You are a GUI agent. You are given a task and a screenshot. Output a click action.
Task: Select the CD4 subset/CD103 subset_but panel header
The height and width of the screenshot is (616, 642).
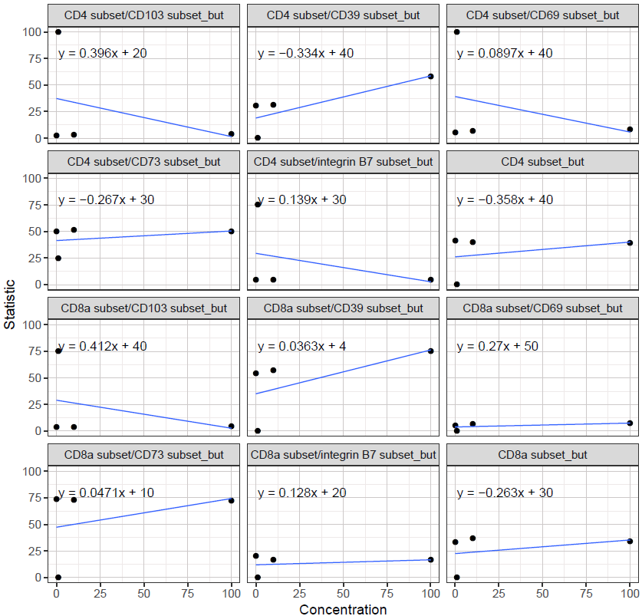(143, 15)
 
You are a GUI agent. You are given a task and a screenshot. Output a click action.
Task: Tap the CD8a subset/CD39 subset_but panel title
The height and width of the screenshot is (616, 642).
(343, 308)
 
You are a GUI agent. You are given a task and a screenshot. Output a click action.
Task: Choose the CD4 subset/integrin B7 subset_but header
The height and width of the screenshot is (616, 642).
(343, 162)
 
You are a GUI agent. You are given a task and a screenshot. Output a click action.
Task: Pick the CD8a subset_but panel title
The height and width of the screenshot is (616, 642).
(542, 455)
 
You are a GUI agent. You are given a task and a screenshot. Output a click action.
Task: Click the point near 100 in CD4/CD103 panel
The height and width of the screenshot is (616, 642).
(58, 32)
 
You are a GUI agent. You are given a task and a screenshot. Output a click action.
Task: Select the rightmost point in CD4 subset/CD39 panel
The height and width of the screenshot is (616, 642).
(431, 76)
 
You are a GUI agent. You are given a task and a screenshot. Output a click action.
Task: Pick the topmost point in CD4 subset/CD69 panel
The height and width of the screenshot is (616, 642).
(456, 32)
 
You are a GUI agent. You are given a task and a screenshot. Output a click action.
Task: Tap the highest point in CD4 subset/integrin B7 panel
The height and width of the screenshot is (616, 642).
(258, 204)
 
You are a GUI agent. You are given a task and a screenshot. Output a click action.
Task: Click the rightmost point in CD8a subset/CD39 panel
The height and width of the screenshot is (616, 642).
(431, 351)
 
